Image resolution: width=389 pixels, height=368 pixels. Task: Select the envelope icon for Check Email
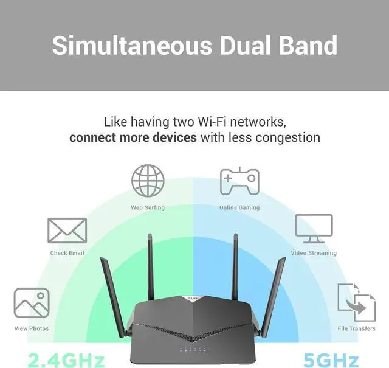coord(67,231)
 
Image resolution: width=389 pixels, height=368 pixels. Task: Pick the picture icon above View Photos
coord(32,304)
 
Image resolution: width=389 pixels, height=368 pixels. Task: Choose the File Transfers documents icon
coord(356,300)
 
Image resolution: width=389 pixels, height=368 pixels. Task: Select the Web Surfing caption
coord(148,207)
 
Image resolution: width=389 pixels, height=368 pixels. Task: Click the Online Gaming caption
coord(239,207)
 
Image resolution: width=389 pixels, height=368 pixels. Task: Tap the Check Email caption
coord(67,253)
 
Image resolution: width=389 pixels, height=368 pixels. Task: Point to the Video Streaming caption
coord(314,253)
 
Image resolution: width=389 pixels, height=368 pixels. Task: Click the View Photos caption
coord(32,329)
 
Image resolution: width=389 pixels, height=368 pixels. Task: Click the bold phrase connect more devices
coord(133,137)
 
